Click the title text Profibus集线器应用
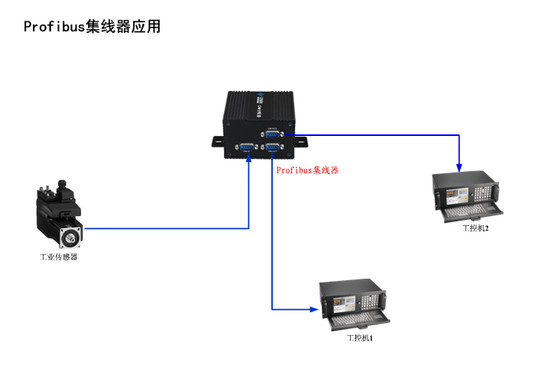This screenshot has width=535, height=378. pyautogui.click(x=92, y=27)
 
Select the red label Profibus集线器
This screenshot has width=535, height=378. pyautogui.click(x=307, y=170)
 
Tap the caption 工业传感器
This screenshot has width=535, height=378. pyautogui.click(x=59, y=257)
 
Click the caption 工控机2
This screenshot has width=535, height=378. pyautogui.click(x=475, y=228)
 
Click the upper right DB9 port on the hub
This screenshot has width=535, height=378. pyautogui.click(x=271, y=134)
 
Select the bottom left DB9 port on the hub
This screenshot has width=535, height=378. pyautogui.click(x=248, y=148)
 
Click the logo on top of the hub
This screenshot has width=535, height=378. pyautogui.click(x=260, y=99)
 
